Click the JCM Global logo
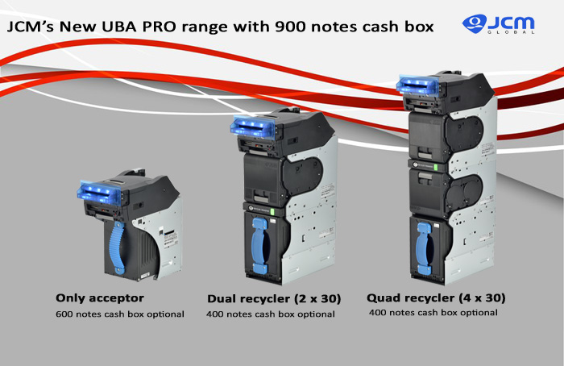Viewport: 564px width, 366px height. [498, 24]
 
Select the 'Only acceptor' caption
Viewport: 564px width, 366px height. [100, 298]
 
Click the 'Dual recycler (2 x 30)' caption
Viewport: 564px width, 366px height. [274, 299]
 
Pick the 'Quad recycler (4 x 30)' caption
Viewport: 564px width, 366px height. [436, 298]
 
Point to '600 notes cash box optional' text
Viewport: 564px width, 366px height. [120, 314]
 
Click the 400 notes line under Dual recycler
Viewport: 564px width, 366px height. [271, 314]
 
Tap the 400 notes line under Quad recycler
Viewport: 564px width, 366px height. [433, 312]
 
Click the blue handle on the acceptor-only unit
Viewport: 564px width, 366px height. [117, 248]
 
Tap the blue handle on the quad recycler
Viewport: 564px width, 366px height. [424, 248]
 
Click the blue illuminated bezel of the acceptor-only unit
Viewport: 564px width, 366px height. [99, 193]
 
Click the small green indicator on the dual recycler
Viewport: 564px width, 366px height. [272, 211]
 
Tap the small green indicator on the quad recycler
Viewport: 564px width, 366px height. [436, 168]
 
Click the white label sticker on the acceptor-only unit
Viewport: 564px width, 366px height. [170, 238]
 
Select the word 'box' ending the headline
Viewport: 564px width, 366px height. [419, 27]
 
